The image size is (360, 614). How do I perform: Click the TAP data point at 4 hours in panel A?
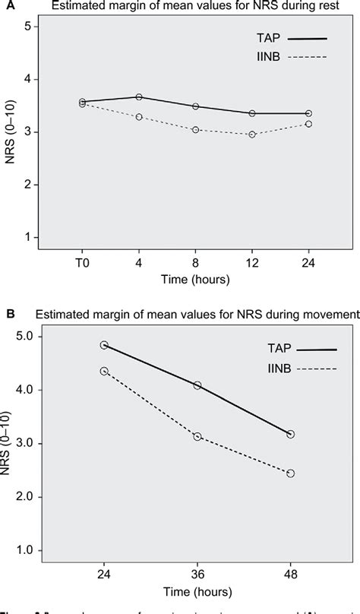[x=139, y=97]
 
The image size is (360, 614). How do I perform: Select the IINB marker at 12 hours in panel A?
[x=252, y=135]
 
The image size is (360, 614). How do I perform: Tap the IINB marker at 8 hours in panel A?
[x=195, y=130]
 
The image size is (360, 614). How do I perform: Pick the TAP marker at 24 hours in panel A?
[x=308, y=113]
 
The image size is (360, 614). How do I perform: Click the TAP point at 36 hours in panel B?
[x=197, y=385]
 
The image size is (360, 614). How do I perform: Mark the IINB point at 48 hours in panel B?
[x=291, y=473]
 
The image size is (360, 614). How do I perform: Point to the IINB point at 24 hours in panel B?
[x=104, y=371]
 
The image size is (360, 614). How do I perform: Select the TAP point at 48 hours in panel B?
[x=291, y=434]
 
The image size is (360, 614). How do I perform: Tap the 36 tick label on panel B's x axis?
[x=197, y=571]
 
